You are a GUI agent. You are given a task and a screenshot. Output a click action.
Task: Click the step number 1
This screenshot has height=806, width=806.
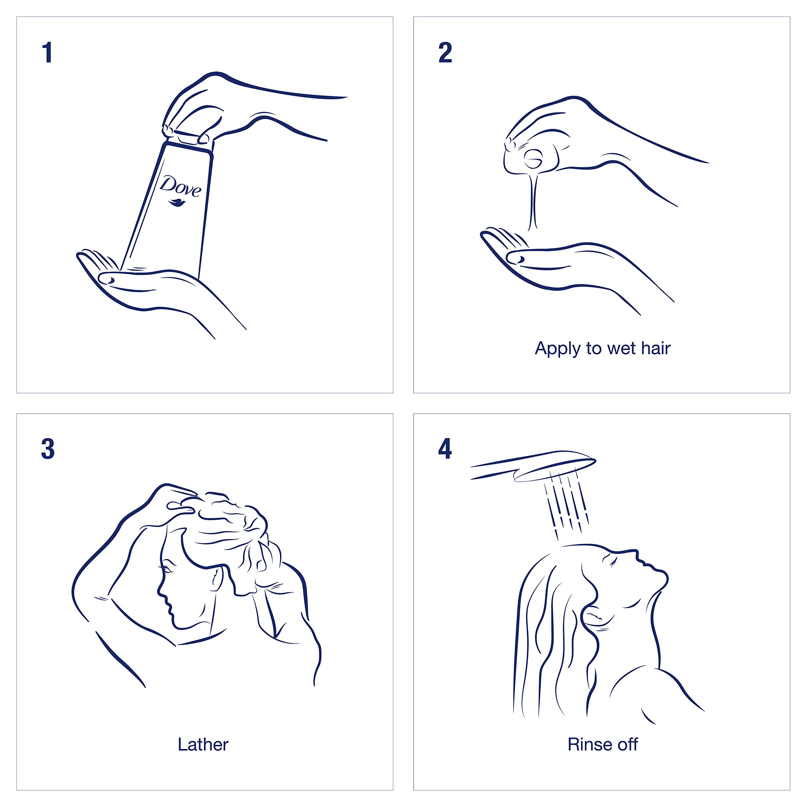point(48,53)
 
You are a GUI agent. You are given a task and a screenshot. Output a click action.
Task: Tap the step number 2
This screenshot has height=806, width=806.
point(445,53)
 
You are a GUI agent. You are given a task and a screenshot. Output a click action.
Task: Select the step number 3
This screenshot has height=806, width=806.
point(48,450)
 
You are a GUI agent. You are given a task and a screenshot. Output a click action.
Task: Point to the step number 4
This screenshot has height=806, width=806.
point(445,449)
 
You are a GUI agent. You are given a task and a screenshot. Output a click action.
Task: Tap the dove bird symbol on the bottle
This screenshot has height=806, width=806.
point(178,203)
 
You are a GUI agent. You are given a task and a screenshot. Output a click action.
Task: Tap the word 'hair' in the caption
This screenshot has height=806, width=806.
point(656,348)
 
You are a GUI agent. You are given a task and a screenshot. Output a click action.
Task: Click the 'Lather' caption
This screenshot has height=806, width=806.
point(203,744)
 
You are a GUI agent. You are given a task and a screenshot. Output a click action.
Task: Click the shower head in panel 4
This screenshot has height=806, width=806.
point(534,466)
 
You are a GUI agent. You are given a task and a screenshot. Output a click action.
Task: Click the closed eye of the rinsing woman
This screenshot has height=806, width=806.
point(614,564)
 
